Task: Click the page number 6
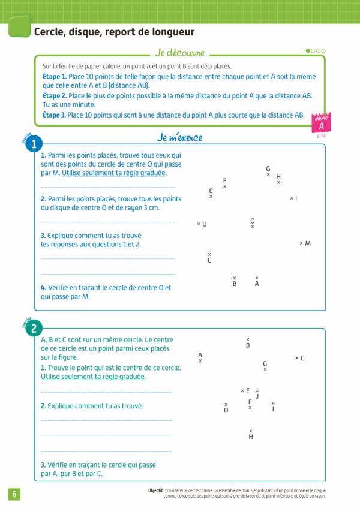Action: pyautogui.click(x=14, y=494)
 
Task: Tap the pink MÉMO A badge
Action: pyautogui.click(x=322, y=124)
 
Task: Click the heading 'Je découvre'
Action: pyautogui.click(x=180, y=53)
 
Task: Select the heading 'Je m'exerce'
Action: pyautogui.click(x=180, y=138)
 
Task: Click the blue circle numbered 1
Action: pyautogui.click(x=34, y=144)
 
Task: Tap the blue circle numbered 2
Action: pyautogui.click(x=34, y=328)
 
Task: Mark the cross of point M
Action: pyautogui.click(x=301, y=243)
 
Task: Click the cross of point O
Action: pyautogui.click(x=253, y=227)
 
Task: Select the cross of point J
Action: pyautogui.click(x=257, y=390)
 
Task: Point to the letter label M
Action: pyautogui.click(x=308, y=243)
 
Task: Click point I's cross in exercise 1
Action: pyautogui.click(x=291, y=198)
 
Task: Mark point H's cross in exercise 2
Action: pyautogui.click(x=251, y=430)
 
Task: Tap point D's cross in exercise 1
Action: pyautogui.click(x=199, y=224)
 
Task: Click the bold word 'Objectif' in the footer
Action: pyautogui.click(x=157, y=490)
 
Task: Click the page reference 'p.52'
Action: pyautogui.click(x=321, y=136)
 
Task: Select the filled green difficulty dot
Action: pyautogui.click(x=308, y=51)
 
